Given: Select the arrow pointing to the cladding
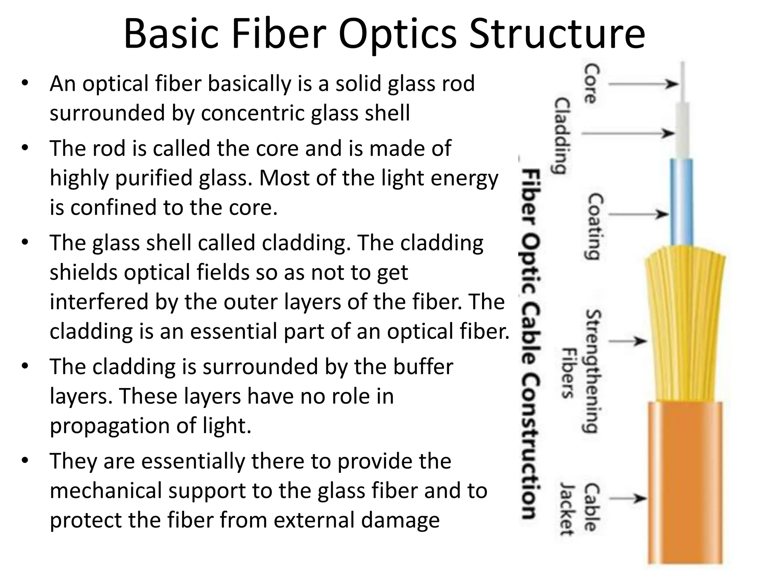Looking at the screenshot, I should point(627,133).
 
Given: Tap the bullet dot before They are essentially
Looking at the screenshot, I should point(25,461).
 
